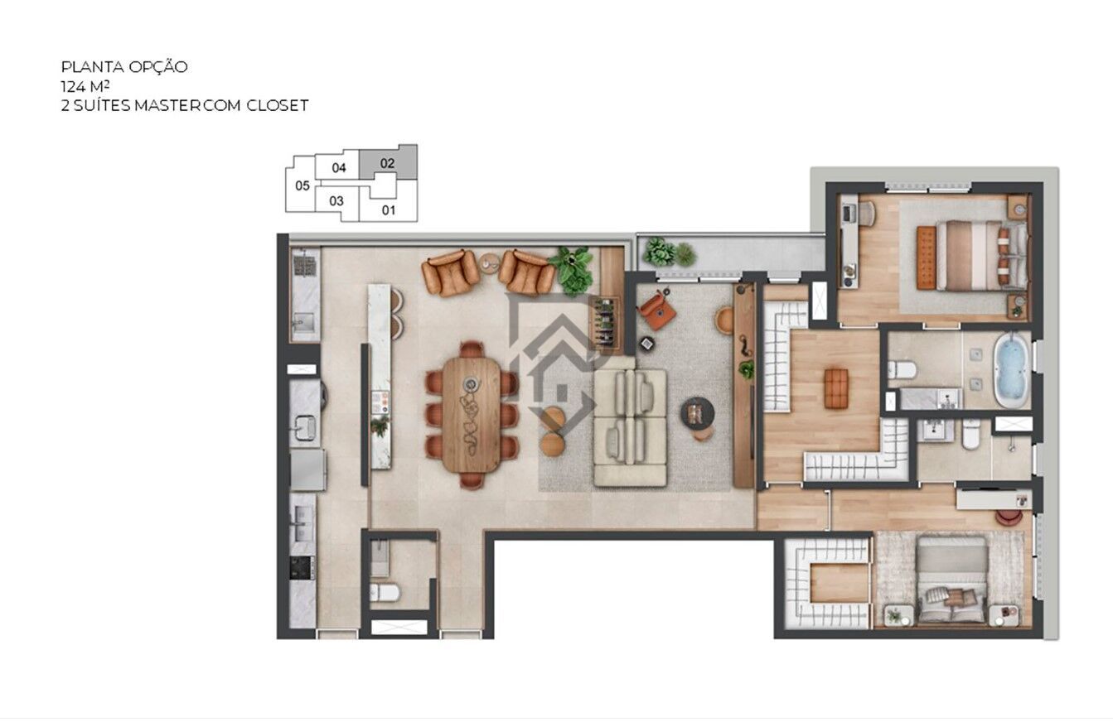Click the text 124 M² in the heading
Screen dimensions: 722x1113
[x=86, y=86]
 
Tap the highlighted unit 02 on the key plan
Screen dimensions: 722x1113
[x=388, y=163]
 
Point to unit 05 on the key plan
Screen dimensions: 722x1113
[x=302, y=185]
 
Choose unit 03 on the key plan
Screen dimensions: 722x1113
[x=336, y=200]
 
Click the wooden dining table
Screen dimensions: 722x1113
[x=471, y=414]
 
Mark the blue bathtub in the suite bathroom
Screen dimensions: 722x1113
[x=1010, y=369]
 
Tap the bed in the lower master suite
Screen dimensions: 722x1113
[x=951, y=580]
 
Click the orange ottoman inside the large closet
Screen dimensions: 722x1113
[x=836, y=388]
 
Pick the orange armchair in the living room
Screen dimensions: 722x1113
[x=657, y=310]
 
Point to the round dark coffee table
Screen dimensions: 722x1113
[x=697, y=412]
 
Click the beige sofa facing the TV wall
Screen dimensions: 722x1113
[x=630, y=426]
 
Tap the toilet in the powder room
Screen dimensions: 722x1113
[x=385, y=591]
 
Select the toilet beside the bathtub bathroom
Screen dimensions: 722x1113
[x=901, y=369]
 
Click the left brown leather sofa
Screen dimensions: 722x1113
[x=450, y=272]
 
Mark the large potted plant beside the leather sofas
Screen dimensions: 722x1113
[x=573, y=269]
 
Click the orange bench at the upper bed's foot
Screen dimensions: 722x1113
[x=925, y=258]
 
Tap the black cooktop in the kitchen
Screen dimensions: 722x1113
[x=301, y=567]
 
